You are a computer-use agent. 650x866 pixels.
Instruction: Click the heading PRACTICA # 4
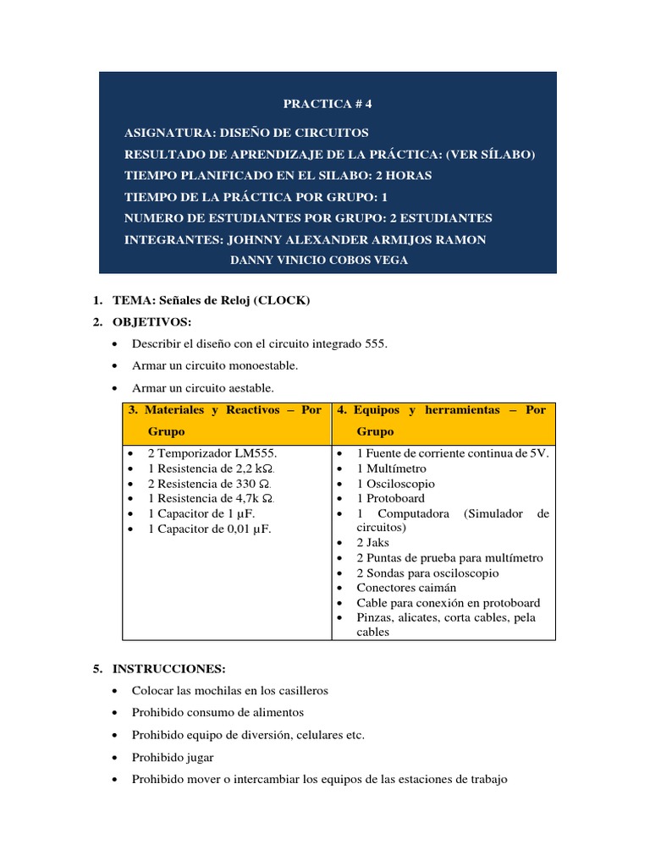pyautogui.click(x=327, y=104)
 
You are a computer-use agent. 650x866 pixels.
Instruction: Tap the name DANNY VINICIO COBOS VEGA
pyautogui.click(x=319, y=260)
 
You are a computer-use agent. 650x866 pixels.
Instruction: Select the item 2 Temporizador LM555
pyautogui.click(x=212, y=453)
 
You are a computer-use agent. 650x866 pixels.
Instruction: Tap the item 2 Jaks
pyautogui.click(x=373, y=543)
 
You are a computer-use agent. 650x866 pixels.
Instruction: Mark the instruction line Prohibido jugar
pyautogui.click(x=173, y=757)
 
